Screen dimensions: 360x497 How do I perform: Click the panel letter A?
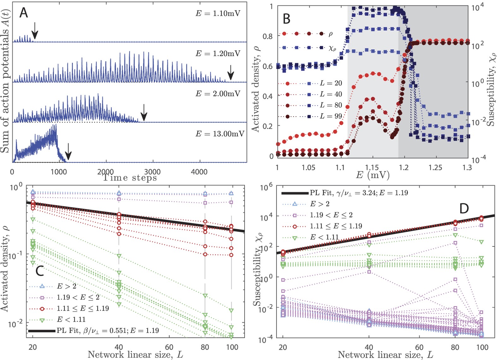point(24,13)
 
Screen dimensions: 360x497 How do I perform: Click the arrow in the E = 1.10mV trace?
point(35,32)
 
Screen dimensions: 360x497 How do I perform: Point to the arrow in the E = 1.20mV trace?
point(231,72)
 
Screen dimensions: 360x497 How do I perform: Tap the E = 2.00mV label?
point(218,94)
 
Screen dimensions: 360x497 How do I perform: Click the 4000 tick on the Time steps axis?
point(199,172)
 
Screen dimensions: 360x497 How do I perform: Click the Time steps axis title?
point(130,178)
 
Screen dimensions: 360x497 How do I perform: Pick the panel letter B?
point(286,19)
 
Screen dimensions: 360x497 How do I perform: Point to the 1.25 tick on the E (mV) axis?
point(435,167)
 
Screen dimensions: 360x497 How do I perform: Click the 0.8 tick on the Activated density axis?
point(268,36)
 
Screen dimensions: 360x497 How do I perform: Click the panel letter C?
point(39,271)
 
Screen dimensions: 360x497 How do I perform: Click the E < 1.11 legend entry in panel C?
point(71,319)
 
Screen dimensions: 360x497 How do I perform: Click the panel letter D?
point(464,208)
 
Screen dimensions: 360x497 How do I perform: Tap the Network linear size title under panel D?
point(385,355)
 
